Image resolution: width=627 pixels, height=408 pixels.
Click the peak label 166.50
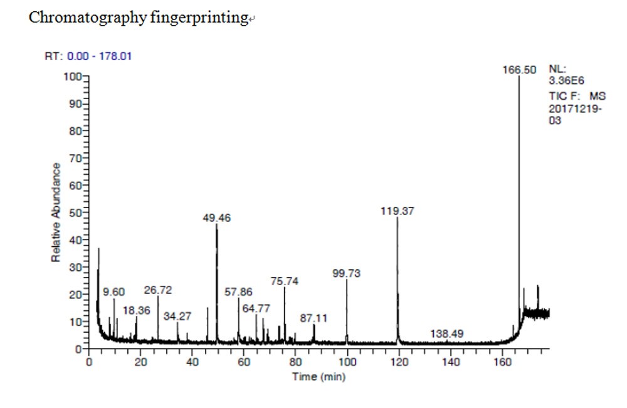click(519, 70)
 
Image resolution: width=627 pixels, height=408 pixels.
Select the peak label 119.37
click(397, 211)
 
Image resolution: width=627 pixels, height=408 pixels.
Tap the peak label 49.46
click(217, 218)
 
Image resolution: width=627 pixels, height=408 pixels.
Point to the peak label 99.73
click(347, 273)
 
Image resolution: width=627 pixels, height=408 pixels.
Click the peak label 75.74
click(285, 281)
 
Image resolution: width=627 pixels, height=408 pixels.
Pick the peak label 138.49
click(447, 334)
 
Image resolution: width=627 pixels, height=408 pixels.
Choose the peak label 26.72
click(158, 290)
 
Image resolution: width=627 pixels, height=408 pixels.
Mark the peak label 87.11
click(313, 318)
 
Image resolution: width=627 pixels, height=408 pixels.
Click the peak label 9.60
click(114, 292)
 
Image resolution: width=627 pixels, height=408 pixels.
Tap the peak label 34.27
click(177, 316)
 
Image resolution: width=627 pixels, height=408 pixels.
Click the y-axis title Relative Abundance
click(56, 212)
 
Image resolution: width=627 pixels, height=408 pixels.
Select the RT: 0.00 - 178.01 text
click(88, 56)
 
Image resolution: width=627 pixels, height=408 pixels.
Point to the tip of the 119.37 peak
click(398, 219)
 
